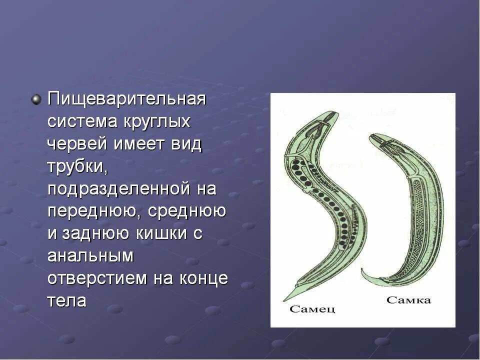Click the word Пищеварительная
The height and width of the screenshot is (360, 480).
point(126,99)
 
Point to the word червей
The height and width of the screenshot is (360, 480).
point(77,144)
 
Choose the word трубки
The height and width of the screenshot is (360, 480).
point(77,166)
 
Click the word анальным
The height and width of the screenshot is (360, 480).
point(90,256)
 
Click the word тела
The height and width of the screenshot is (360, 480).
point(67,301)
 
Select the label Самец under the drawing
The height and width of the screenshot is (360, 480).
point(312,309)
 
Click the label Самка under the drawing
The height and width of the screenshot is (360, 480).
point(408,300)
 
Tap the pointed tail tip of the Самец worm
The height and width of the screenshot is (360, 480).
point(285,299)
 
